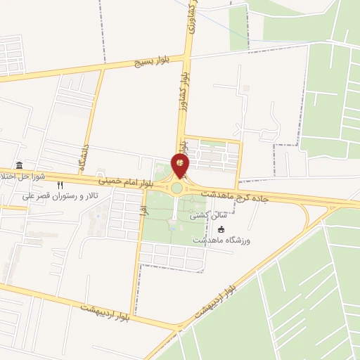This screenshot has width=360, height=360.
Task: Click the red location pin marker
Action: (181, 166)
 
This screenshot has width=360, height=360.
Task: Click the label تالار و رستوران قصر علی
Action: (60, 195)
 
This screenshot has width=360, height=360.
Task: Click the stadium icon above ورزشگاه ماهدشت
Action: (221, 230)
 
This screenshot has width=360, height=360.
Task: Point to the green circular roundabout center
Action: (176, 188)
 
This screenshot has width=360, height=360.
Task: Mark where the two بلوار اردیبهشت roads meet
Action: (177, 328)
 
